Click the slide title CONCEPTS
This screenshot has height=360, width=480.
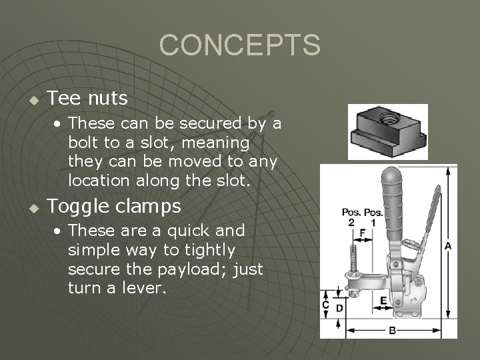240,45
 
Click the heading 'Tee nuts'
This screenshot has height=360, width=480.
87,99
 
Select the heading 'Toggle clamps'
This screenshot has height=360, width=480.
114,207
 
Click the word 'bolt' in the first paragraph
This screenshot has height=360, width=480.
83,143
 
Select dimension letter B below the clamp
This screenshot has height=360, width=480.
393,330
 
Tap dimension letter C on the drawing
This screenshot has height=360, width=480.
325,305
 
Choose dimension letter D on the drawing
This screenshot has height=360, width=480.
339,308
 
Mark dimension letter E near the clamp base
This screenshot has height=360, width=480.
383,301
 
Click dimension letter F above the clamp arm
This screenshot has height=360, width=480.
362,233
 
